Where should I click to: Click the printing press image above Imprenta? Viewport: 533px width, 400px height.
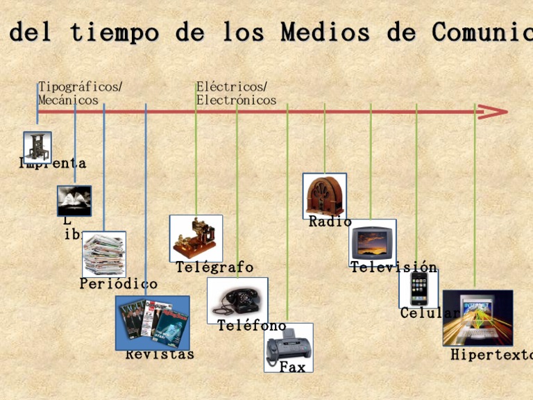[37, 147]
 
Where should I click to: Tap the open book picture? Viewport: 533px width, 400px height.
[74, 201]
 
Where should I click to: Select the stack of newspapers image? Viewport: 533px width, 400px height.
[104, 254]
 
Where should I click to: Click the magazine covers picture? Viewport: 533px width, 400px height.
[152, 322]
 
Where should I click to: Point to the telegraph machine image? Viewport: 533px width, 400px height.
[196, 238]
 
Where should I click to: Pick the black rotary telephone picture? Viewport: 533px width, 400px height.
[237, 300]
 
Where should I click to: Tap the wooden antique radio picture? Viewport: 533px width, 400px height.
[324, 195]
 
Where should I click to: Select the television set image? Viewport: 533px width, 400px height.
[372, 242]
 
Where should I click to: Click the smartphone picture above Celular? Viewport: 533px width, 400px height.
[418, 288]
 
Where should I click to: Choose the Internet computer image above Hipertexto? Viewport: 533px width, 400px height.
[477, 318]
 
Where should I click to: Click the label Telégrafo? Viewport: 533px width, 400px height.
[214, 268]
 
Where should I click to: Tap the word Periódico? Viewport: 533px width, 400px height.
[119, 284]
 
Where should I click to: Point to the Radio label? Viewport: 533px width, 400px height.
[330, 222]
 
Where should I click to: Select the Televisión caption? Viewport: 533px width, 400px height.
[394, 268]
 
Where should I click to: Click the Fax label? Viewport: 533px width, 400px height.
[292, 367]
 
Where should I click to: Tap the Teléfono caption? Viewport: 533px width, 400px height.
[251, 326]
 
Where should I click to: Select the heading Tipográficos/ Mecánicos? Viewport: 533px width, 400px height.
[80, 94]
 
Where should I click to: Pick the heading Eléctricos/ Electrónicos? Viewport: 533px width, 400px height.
[236, 94]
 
